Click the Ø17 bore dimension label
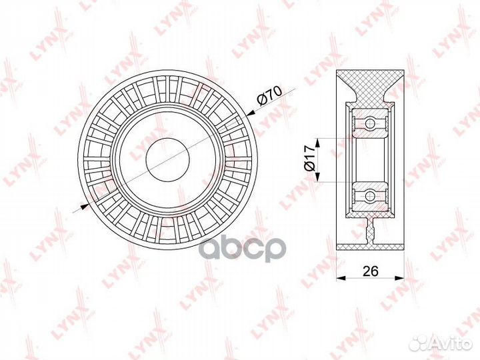pyautogui.click(x=309, y=159)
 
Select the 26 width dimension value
pyautogui.click(x=371, y=271)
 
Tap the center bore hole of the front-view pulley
pyautogui.click(x=168, y=159)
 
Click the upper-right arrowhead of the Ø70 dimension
pyautogui.click(x=251, y=113)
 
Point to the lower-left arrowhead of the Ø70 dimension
pyautogui.click(x=85, y=206)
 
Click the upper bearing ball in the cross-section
pyautogui.click(x=370, y=123)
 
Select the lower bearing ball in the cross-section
pyautogui.click(x=370, y=195)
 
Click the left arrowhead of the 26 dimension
pyautogui.click(x=341, y=277)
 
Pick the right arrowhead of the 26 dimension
pyautogui.click(x=399, y=277)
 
